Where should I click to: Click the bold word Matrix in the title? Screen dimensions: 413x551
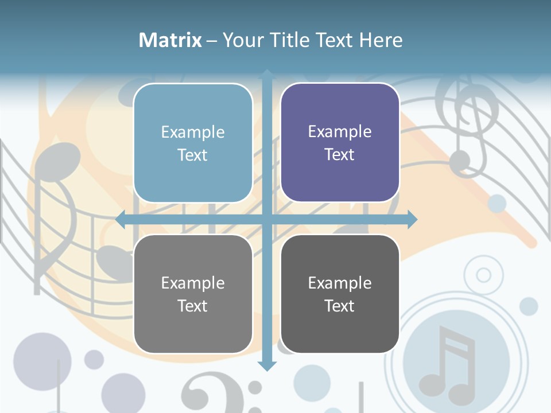click(x=170, y=40)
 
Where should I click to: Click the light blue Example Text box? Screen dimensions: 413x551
click(x=193, y=143)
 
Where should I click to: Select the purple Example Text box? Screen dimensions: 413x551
click(x=340, y=143)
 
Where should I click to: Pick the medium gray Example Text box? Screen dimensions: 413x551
click(x=193, y=294)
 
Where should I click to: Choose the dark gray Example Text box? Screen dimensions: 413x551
click(x=340, y=294)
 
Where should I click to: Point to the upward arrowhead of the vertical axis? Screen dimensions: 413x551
click(x=267, y=74)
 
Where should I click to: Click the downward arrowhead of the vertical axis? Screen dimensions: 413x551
click(x=267, y=365)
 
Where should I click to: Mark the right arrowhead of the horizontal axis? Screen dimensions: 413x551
click(x=412, y=219)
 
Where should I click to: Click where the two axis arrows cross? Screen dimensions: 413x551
click(x=267, y=219)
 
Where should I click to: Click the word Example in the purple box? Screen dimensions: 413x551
click(x=340, y=131)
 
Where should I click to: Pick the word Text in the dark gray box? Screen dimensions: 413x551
click(x=340, y=306)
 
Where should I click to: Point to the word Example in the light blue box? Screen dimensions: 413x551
click(x=193, y=132)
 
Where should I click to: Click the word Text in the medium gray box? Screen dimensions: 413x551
click(x=193, y=306)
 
